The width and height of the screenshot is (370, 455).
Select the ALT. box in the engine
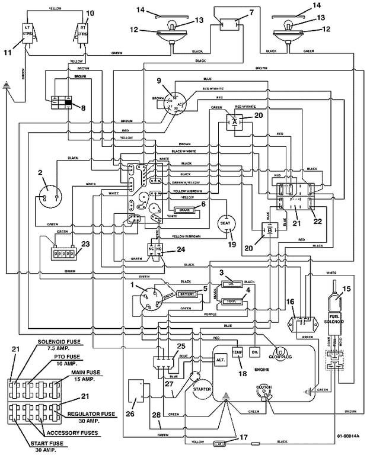pos(221,360)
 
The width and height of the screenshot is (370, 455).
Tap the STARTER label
pos(203,389)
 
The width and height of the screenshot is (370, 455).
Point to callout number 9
pos(159,81)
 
